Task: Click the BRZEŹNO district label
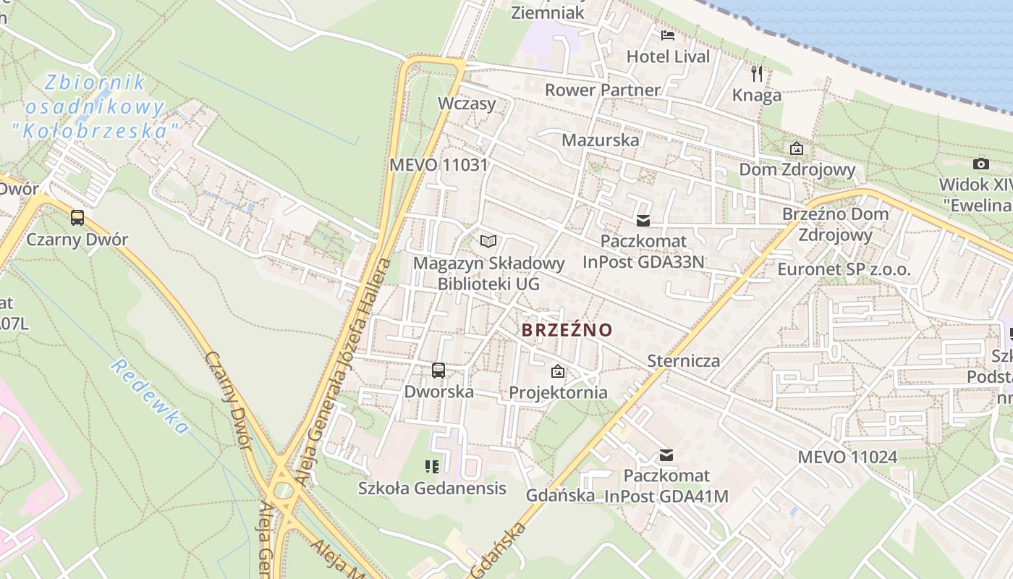point(567,330)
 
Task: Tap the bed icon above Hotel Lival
point(668,35)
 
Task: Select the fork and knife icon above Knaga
point(757,73)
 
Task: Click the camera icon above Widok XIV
point(981,164)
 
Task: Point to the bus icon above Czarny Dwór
point(77,217)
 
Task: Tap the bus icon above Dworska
point(438,371)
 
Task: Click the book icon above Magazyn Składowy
point(488,241)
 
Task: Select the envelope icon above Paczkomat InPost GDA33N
point(643,220)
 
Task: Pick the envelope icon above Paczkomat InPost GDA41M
point(666,455)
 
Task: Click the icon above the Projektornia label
point(558,371)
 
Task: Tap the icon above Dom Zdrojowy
point(797,148)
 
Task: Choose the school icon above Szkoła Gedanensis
point(432,467)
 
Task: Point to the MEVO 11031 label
point(438,164)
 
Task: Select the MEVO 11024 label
point(847,457)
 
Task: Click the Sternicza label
point(684,360)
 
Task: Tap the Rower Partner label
point(603,90)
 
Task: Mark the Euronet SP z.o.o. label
point(844,269)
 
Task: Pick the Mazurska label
point(601,140)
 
